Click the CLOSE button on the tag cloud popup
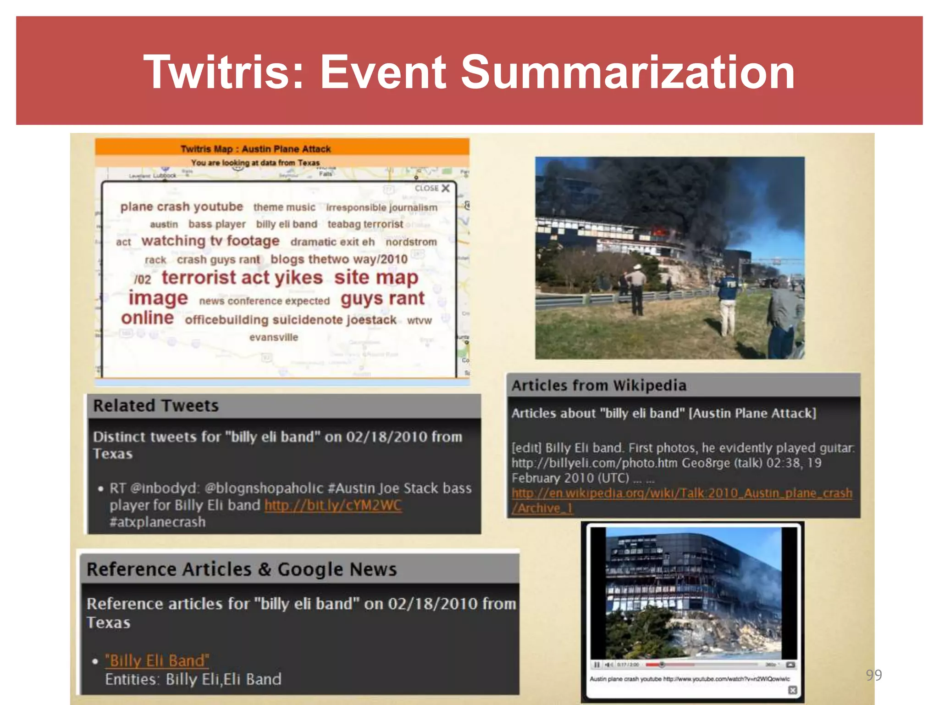(432, 188)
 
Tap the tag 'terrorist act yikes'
(242, 278)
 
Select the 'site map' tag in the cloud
(376, 278)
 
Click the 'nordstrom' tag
(411, 242)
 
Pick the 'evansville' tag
(274, 337)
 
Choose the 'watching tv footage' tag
(210, 241)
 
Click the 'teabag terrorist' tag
(365, 224)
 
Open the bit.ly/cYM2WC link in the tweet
(333, 505)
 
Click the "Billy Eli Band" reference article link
(157, 660)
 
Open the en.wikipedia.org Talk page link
(681, 494)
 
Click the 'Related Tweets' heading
(156, 406)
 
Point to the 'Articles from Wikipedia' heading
(599, 386)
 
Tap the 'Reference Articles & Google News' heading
(242, 569)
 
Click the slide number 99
(873, 675)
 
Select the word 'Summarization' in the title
(627, 72)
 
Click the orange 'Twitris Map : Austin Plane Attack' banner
(282, 148)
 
